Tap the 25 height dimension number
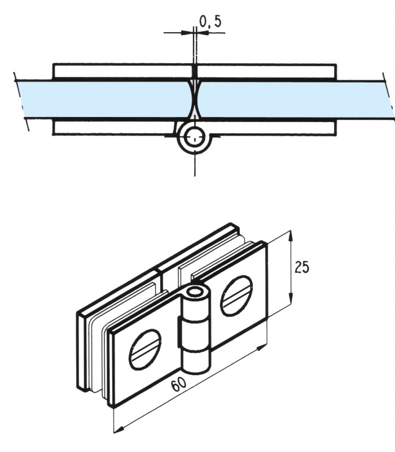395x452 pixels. tap(302, 266)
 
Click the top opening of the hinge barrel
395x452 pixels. tap(196, 293)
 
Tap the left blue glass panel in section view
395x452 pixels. tap(102, 99)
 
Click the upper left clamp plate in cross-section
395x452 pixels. tap(121, 71)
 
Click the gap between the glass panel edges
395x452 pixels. tap(195, 99)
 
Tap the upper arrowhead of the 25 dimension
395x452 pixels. tap(291, 235)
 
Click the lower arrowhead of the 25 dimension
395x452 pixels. tap(291, 300)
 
